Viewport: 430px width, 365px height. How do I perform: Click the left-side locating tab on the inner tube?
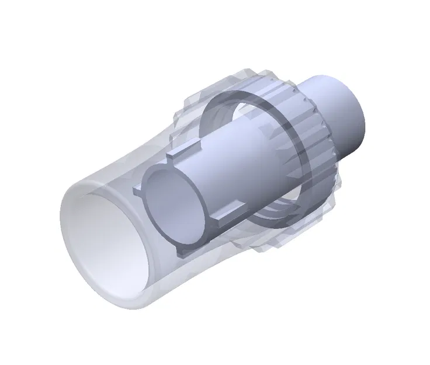point(138,188)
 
